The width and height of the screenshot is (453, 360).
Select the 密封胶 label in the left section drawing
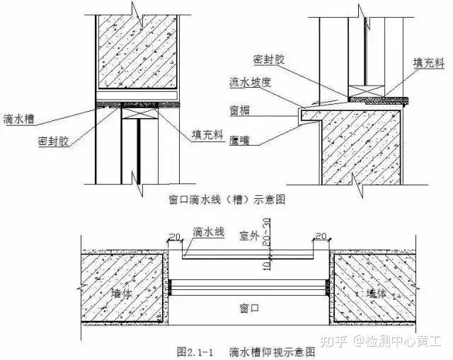tap(51, 142)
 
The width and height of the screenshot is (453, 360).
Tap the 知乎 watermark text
tap(334, 342)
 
